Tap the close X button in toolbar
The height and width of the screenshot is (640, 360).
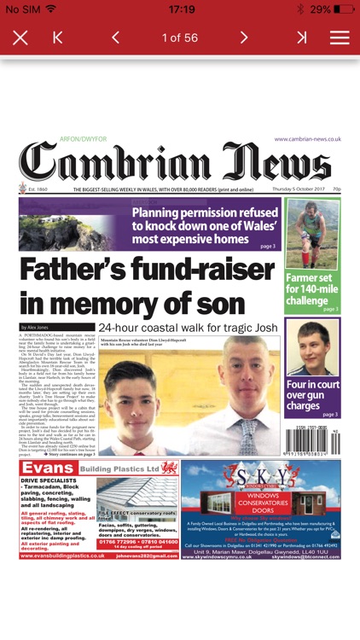(20, 38)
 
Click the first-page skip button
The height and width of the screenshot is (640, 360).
(58, 38)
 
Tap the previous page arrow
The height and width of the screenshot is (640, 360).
(115, 38)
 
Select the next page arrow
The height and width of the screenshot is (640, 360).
(244, 38)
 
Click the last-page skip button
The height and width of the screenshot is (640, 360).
(301, 38)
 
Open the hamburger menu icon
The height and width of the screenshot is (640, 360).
(340, 38)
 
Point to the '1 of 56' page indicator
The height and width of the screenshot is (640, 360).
(179, 38)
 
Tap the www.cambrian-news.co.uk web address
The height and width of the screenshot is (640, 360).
(307, 139)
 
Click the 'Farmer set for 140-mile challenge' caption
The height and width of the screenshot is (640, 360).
(312, 288)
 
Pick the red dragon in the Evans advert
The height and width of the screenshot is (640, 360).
(168, 468)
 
